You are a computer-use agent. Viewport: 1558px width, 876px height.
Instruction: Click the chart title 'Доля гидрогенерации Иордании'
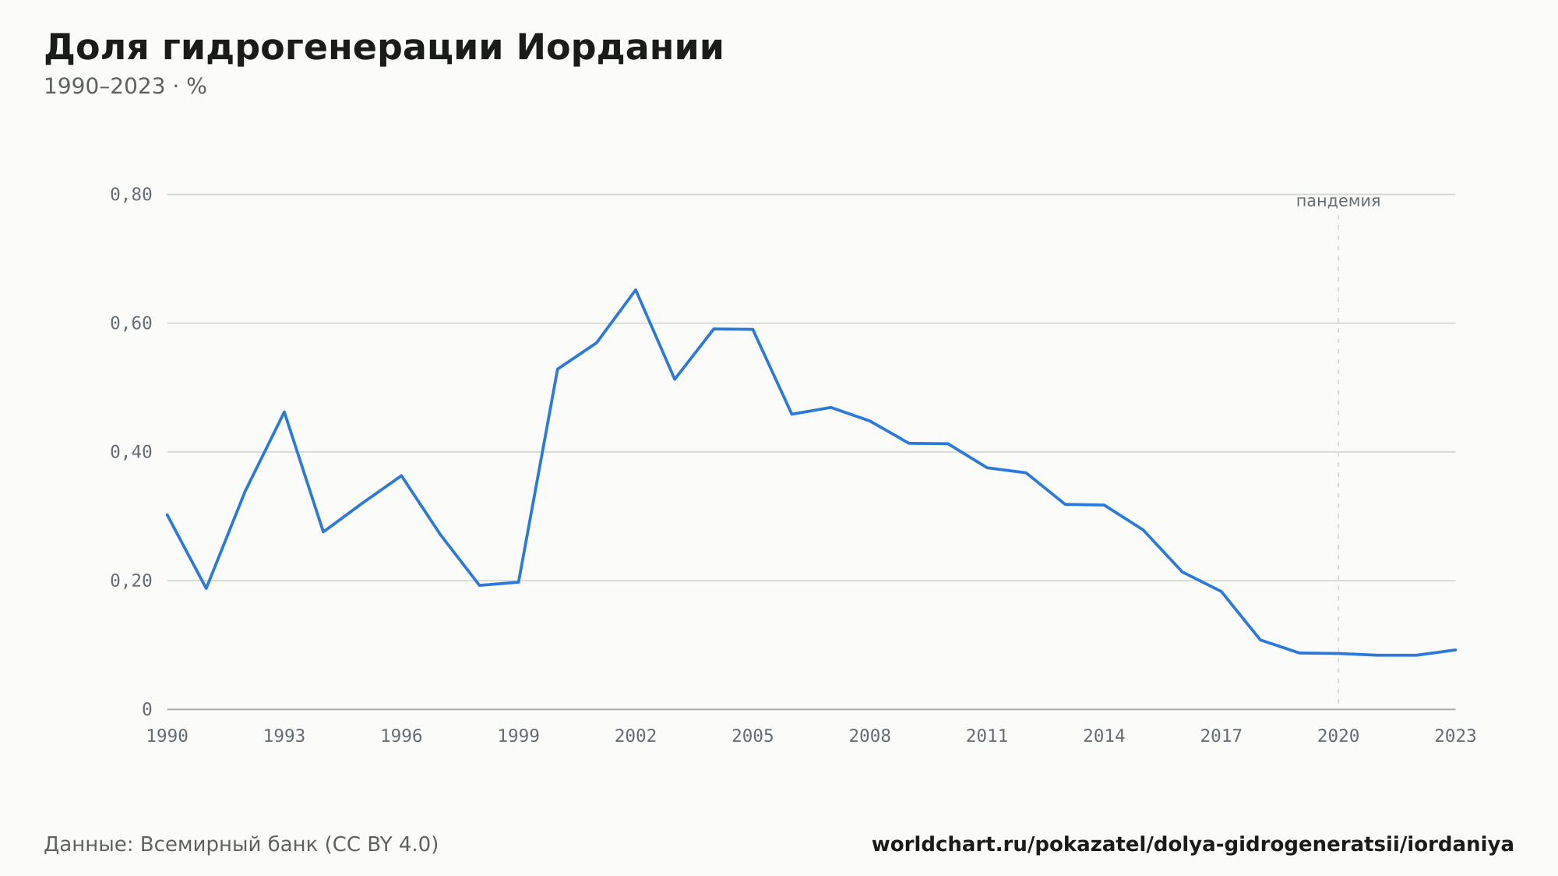(384, 48)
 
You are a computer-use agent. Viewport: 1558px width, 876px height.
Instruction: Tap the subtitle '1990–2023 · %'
(125, 87)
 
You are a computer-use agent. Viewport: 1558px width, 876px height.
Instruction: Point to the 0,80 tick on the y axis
(131, 194)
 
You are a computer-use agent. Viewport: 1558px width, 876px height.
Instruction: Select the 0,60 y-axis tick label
(131, 323)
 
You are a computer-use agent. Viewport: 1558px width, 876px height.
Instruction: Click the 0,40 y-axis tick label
(131, 452)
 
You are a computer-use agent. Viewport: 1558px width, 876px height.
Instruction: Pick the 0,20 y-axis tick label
(131, 581)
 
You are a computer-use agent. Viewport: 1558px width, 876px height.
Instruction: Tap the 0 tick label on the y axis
(146, 709)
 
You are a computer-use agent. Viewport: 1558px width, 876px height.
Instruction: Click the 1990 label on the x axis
(167, 736)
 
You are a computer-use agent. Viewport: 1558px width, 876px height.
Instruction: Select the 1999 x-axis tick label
(519, 736)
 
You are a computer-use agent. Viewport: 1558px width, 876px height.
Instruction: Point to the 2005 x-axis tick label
(753, 736)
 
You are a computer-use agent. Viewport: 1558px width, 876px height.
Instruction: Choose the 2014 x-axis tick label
(1104, 736)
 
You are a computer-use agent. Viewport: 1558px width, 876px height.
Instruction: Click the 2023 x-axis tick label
(1455, 736)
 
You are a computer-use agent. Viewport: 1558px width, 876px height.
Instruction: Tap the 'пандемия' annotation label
(1338, 201)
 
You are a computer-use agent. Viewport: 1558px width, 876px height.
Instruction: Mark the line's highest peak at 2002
(636, 290)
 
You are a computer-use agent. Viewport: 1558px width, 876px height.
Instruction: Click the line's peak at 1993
(284, 412)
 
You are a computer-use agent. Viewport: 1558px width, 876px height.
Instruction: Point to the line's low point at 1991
(206, 588)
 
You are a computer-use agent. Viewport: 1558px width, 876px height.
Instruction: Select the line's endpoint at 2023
(1455, 650)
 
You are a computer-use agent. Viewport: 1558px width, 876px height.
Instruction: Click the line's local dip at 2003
(675, 379)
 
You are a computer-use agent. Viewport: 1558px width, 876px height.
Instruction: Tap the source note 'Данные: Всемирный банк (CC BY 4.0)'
(241, 844)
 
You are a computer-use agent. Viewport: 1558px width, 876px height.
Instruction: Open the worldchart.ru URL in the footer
(1193, 844)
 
